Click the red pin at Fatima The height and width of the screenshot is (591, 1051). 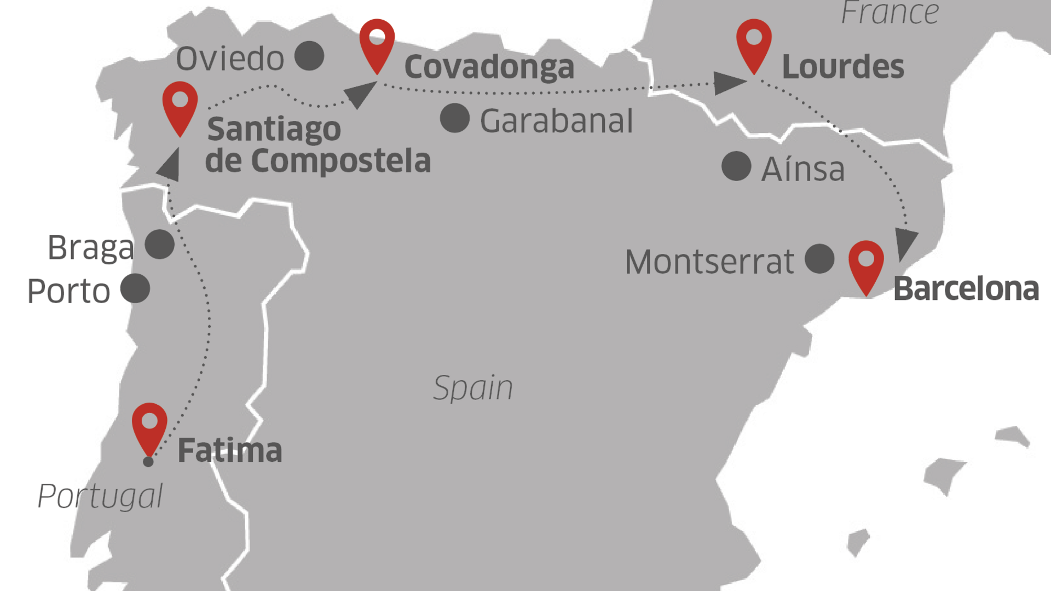pyautogui.click(x=149, y=427)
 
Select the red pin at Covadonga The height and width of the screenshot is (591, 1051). pyautogui.click(x=377, y=43)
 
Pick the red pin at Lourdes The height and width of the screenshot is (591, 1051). pyautogui.click(x=754, y=43)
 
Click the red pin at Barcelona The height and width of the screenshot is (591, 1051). pyautogui.click(x=866, y=264)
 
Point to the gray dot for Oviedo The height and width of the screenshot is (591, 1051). pyautogui.click(x=309, y=56)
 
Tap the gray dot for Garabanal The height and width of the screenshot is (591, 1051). pyautogui.click(x=455, y=118)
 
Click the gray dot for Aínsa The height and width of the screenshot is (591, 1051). pyautogui.click(x=736, y=166)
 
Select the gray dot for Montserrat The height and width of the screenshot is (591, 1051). pyautogui.click(x=819, y=259)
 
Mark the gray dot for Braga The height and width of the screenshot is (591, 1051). pyautogui.click(x=160, y=244)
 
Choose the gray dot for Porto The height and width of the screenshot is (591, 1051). pyautogui.click(x=135, y=288)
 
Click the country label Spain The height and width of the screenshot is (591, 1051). pyautogui.click(x=473, y=388)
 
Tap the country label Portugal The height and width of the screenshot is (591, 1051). pyautogui.click(x=100, y=496)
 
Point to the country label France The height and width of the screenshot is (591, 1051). pyautogui.click(x=890, y=13)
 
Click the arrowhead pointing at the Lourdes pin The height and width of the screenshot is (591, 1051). pyautogui.click(x=729, y=84)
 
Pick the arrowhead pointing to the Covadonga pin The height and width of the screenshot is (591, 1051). pyautogui.click(x=360, y=94)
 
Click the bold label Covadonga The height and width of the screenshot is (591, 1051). pyautogui.click(x=489, y=67)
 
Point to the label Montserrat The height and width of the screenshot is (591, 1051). pyautogui.click(x=709, y=262)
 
